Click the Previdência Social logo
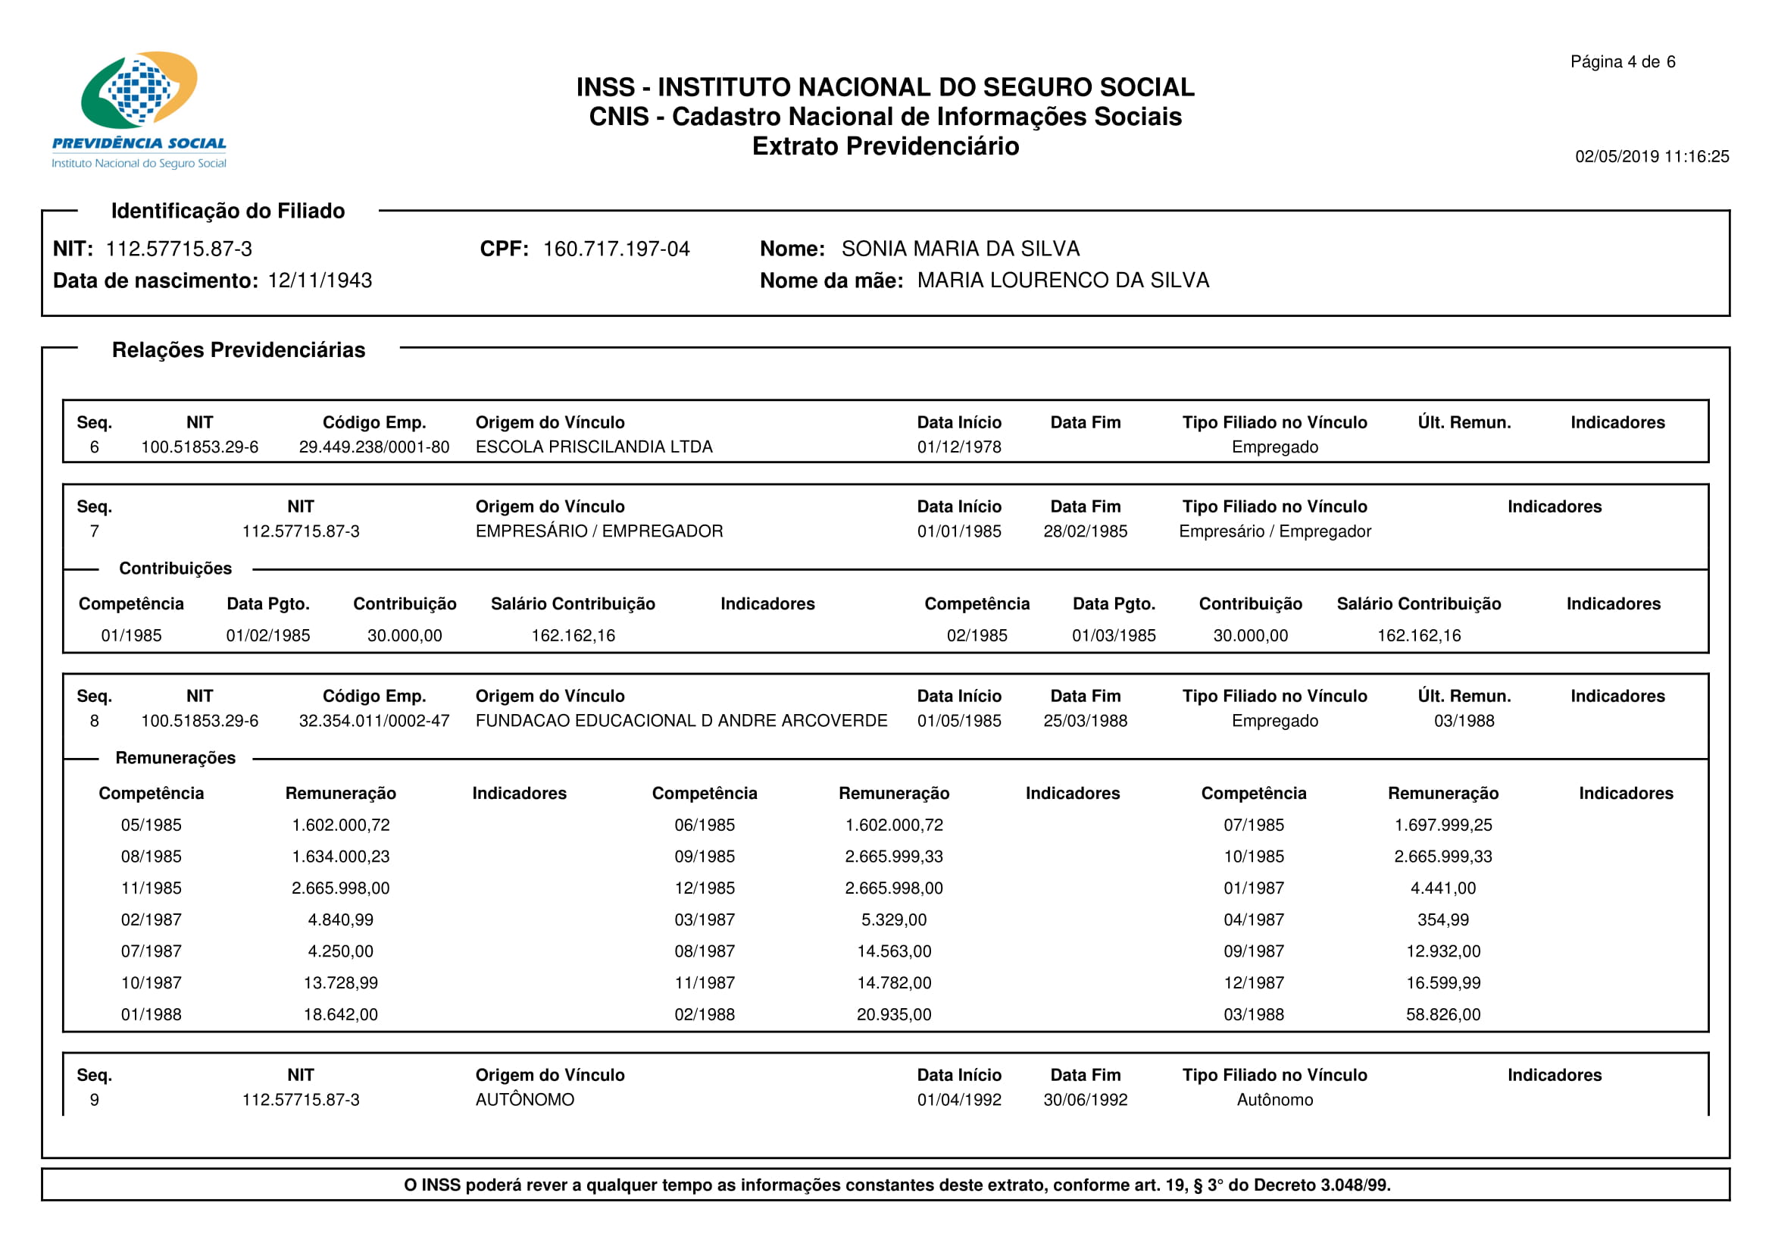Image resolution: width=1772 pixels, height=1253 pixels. coord(139,108)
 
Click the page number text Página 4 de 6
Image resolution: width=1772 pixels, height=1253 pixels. coord(1622,61)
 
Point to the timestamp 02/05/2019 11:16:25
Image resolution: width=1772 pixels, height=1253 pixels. coord(1652,157)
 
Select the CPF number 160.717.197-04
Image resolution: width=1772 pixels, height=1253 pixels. coord(616,249)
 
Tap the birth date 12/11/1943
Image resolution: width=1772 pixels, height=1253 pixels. coord(320,280)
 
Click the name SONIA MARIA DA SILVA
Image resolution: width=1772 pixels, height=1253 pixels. coord(960,249)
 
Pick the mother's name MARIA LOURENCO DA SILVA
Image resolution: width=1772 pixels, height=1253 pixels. coord(1063,280)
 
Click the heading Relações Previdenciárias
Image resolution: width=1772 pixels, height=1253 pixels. coord(239,349)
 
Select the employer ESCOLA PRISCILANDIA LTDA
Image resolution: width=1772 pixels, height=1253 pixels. coord(593,447)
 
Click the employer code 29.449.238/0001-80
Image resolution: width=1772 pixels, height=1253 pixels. coord(373,447)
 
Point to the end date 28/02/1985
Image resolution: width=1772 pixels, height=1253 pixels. coord(1085,531)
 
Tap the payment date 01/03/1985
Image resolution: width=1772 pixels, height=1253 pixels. coord(1114,635)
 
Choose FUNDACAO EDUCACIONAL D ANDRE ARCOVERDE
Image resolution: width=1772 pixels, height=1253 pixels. coord(681,720)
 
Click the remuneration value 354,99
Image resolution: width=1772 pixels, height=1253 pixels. coord(1442,919)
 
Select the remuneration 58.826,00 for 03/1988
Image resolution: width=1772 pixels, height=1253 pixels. coord(1442,1014)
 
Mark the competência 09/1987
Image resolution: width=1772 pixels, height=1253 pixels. coord(1253,951)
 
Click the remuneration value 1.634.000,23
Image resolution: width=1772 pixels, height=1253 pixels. coord(340,856)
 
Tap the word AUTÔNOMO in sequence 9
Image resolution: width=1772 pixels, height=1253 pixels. coord(524,1099)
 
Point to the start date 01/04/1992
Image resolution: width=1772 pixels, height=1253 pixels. coord(958,1099)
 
